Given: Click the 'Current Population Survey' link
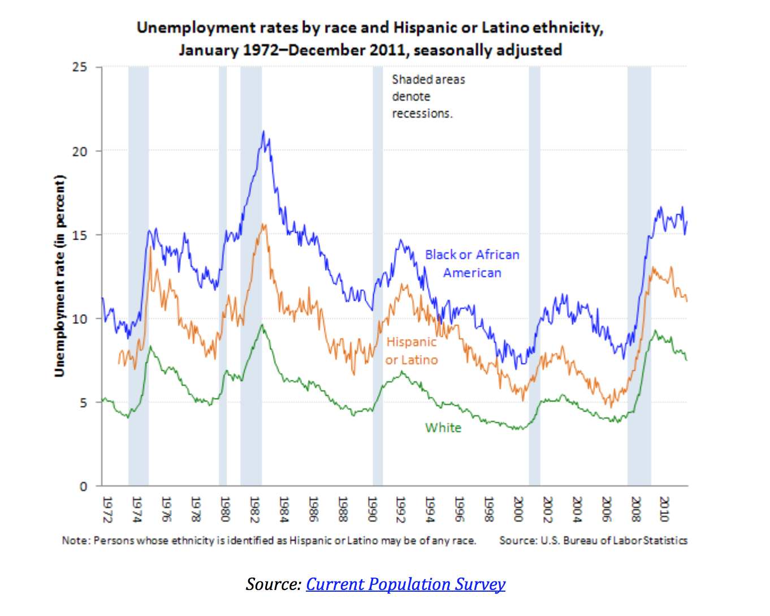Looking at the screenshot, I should (405, 584).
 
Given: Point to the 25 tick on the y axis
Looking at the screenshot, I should (80, 67).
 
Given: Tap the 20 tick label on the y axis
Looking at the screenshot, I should (80, 151).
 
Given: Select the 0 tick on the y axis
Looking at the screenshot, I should (84, 487).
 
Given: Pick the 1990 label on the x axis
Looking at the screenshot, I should (372, 509).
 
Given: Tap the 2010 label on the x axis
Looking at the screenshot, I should (665, 509).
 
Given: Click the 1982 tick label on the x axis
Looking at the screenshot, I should (254, 509).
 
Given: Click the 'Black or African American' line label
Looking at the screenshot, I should (472, 263).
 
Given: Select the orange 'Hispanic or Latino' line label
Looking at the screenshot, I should (412, 350).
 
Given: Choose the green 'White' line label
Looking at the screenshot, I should (443, 428).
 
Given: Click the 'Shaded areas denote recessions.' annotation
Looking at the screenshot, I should (428, 96).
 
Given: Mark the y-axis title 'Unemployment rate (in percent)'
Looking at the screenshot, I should (60, 276).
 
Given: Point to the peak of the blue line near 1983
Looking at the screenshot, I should (263, 132).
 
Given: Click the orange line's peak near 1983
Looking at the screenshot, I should (263, 224).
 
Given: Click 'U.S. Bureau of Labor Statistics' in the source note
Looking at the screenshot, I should (614, 540).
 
